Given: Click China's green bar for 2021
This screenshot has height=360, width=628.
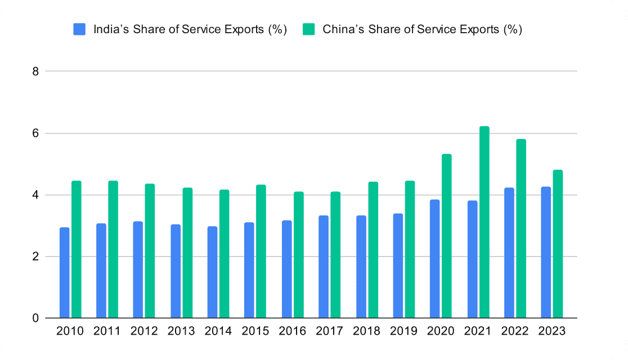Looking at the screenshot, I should (x=484, y=222).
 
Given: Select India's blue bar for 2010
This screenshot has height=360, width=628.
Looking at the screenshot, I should (x=64, y=273).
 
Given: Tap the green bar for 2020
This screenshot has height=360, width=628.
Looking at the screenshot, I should (x=447, y=236).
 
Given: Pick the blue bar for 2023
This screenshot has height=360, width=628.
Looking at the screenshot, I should (x=546, y=253).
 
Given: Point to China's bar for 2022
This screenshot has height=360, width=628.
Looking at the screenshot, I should (x=521, y=228).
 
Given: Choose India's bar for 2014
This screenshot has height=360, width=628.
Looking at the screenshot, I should (x=212, y=272).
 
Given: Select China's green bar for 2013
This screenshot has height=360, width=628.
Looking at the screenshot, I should (x=187, y=253).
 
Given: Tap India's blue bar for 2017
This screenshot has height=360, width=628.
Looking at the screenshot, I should (x=324, y=267).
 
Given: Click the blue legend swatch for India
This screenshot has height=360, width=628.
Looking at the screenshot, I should (x=79, y=29).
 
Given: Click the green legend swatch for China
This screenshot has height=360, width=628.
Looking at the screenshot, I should (x=308, y=29).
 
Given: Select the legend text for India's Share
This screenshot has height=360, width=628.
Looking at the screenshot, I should (x=190, y=29).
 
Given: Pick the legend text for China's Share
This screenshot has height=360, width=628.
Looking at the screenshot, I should (x=422, y=29).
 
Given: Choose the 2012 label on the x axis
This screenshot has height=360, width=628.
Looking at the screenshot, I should (x=145, y=331).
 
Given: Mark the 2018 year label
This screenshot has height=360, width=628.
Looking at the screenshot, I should (x=367, y=331).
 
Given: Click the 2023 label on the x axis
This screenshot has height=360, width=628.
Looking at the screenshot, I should (x=551, y=331).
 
